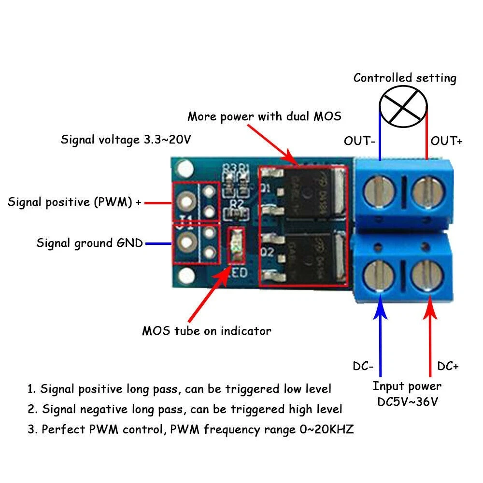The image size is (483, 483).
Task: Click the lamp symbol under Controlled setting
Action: (x=403, y=107)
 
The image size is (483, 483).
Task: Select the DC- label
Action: (x=363, y=367)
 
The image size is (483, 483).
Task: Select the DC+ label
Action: (x=448, y=367)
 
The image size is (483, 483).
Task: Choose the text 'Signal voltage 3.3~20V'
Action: (x=126, y=140)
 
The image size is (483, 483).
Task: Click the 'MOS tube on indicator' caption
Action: (x=207, y=331)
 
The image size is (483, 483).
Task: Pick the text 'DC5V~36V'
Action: (x=407, y=401)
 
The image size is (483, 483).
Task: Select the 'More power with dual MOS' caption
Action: (x=264, y=116)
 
